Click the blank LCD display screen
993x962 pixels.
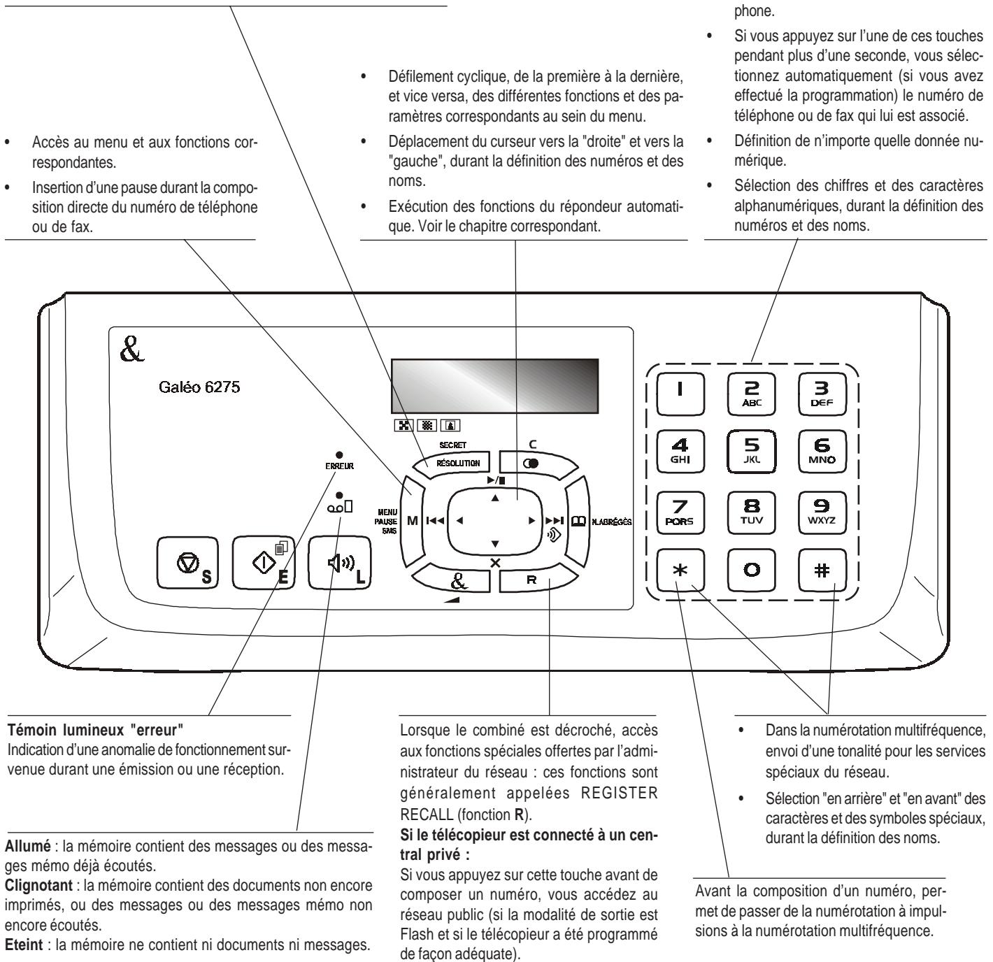coord(494,384)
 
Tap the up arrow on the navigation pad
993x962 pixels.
coord(495,498)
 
